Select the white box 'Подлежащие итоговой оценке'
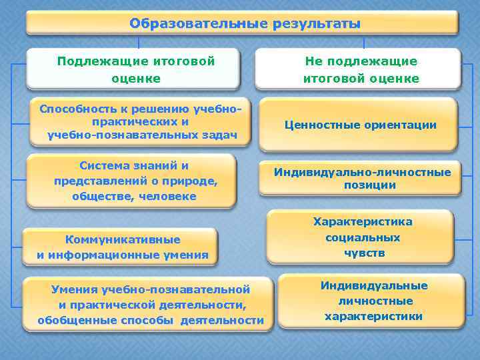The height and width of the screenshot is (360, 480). pos(133,69)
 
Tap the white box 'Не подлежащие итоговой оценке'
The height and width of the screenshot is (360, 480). pos(361,69)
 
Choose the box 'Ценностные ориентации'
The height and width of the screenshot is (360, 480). pos(360,125)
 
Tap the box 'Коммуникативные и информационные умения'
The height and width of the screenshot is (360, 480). pos(122,247)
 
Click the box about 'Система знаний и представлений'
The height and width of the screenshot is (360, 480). pos(133,181)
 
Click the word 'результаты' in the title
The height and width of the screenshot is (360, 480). pos(317,24)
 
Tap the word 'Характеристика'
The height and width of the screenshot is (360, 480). pos(363,222)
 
